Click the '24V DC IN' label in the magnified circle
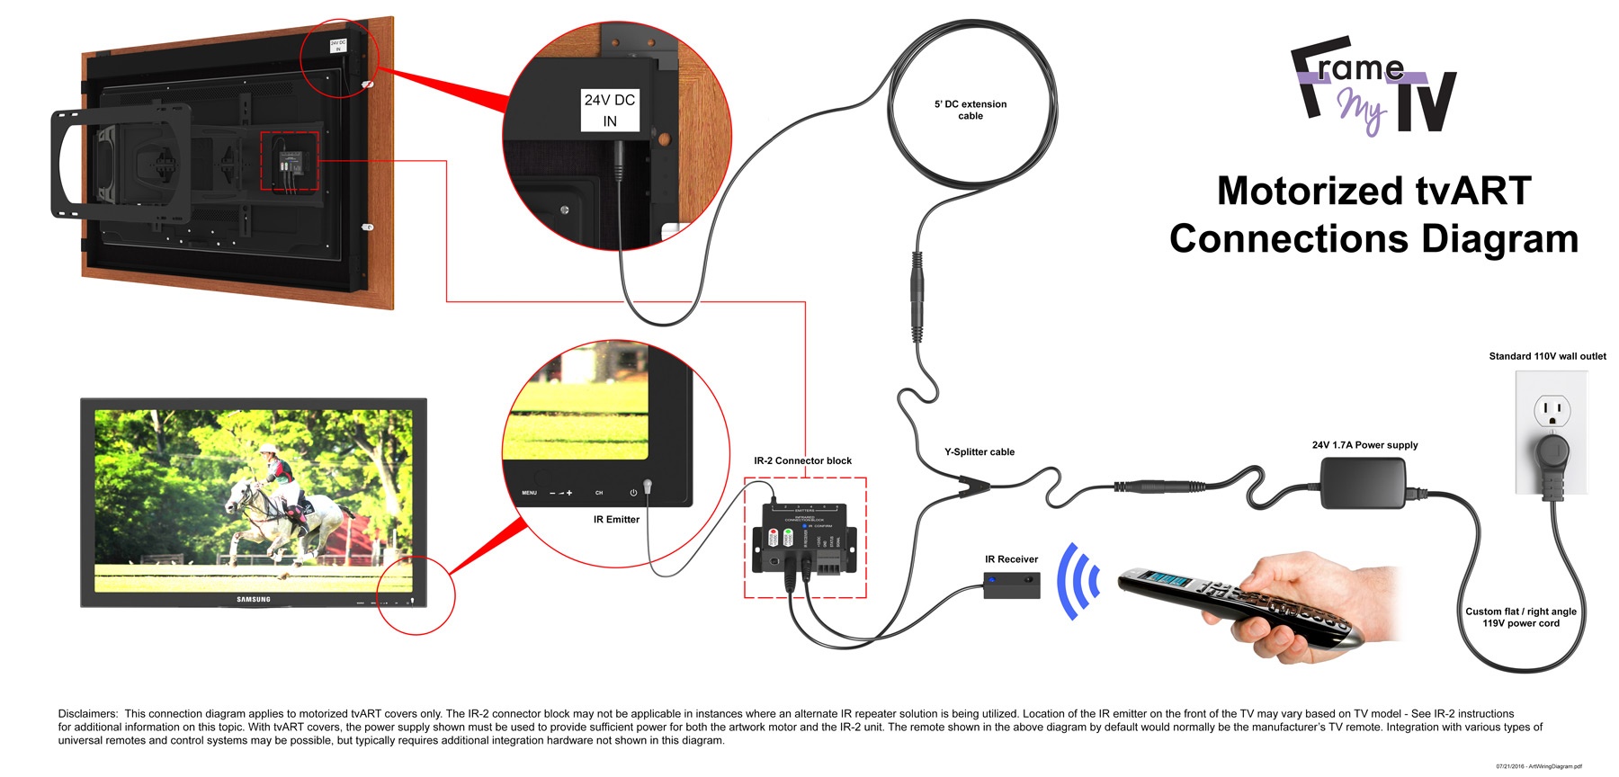610,110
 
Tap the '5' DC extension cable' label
971,110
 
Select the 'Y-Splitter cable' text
979,452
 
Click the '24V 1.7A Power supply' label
1364,445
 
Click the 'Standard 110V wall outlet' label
1547,356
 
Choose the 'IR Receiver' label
1011,559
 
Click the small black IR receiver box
1011,585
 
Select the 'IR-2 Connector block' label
802,460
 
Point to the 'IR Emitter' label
616,520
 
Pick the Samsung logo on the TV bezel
254,599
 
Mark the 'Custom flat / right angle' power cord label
1520,612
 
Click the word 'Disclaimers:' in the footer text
87,714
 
